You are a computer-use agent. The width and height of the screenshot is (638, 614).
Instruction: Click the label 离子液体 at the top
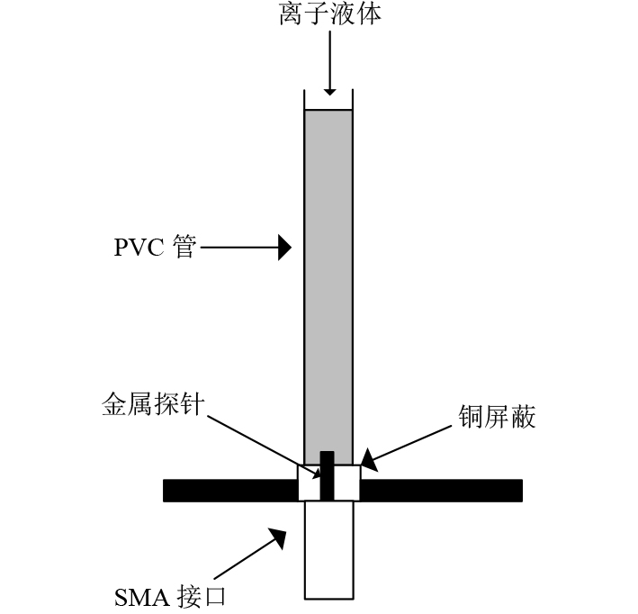click(329, 15)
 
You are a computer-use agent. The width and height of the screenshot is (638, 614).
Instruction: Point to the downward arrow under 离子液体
click(329, 63)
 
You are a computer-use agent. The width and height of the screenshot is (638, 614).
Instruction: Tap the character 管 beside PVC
click(184, 247)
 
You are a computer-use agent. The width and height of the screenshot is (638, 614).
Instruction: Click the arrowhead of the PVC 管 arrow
click(284, 247)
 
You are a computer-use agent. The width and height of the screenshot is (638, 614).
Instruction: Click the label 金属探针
click(154, 405)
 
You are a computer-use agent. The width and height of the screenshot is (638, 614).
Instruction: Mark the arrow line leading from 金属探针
click(261, 442)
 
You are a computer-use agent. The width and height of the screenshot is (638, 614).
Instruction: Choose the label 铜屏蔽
click(496, 417)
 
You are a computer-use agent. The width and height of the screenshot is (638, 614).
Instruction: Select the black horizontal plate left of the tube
click(229, 491)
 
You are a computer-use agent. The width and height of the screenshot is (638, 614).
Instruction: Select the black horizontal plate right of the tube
click(441, 491)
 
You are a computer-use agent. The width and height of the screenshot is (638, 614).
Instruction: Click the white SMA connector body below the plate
click(328, 549)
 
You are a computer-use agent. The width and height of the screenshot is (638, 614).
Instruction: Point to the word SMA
click(140, 597)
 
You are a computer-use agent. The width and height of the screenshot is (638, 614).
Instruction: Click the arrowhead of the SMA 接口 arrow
click(278, 537)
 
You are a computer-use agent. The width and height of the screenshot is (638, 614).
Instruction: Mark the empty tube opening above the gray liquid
click(328, 99)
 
